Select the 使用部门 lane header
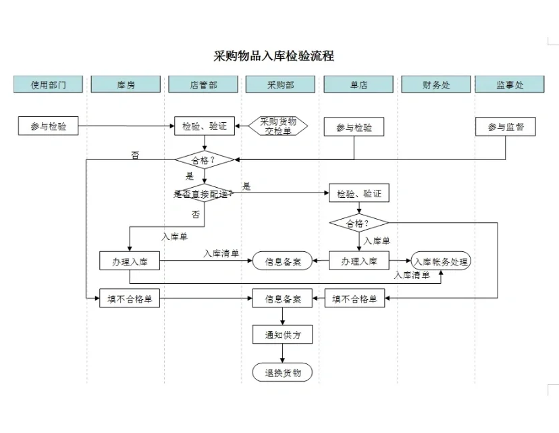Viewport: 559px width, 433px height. point(48,84)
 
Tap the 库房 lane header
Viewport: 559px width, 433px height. point(126,84)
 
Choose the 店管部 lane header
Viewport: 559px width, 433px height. point(203,84)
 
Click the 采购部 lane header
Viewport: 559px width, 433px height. point(281,84)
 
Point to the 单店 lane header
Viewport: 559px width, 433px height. point(358,84)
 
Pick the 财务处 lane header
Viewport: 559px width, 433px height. point(436,84)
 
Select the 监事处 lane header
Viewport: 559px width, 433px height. point(510,84)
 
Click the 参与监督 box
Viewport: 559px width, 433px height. point(506,126)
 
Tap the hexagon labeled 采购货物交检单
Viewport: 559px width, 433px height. point(278,126)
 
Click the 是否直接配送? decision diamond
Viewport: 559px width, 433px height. point(204,193)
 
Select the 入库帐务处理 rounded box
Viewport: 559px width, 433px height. point(441,261)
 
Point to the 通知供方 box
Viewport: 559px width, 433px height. point(282,334)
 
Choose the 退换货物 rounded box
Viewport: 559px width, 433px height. point(282,372)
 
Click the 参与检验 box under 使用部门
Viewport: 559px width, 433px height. point(48,126)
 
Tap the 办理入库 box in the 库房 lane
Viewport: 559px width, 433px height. point(130,261)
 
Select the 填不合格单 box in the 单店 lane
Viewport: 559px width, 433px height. point(355,299)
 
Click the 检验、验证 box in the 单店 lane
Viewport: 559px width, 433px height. point(358,194)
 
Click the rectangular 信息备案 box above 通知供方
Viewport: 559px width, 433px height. point(282,299)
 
